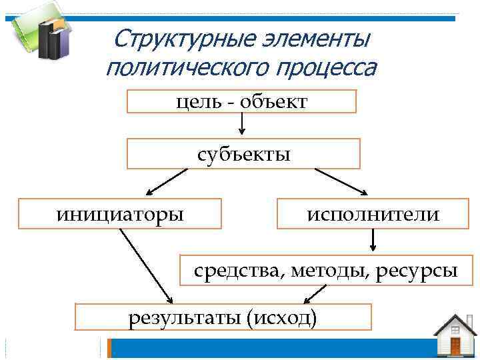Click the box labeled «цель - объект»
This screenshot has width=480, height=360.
241,101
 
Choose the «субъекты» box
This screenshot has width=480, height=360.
243,153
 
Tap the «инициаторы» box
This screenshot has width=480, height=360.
120,214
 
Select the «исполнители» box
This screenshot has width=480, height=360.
373,214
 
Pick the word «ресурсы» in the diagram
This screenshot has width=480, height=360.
417,271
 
